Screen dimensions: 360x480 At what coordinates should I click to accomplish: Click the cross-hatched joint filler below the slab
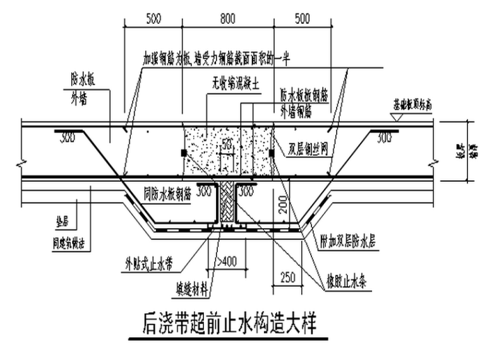226,202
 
